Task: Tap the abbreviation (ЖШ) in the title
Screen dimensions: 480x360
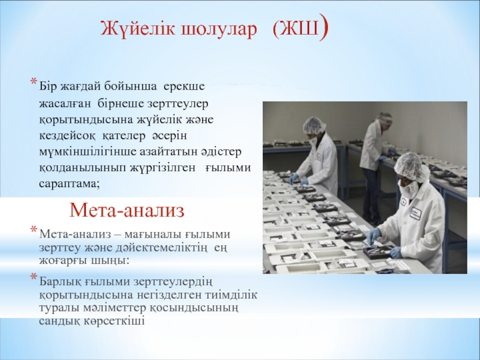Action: coord(301,29)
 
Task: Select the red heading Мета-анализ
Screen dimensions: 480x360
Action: coord(127,211)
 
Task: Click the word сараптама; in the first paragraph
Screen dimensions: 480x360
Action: coord(70,184)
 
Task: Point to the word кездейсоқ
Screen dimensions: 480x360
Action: coord(67,136)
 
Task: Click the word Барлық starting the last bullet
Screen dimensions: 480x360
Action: coord(59,281)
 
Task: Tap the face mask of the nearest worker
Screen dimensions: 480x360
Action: coord(407,189)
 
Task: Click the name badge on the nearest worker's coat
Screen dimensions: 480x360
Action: coord(416,213)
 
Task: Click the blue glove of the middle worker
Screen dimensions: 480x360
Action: coord(295,178)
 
